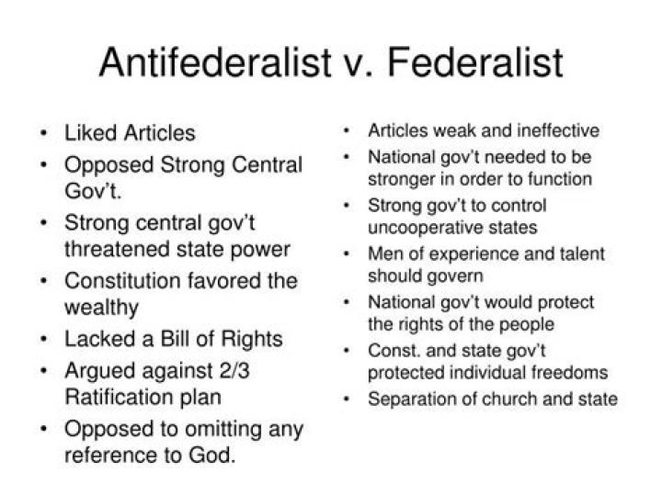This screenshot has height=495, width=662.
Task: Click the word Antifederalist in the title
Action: tap(215, 62)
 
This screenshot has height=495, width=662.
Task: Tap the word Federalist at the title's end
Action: tap(475, 62)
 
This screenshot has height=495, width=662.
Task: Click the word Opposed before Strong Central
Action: tap(108, 165)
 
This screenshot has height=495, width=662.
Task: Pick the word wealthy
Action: tap(101, 308)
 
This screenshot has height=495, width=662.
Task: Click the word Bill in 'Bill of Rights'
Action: tap(176, 339)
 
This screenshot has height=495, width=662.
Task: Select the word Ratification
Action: tap(120, 397)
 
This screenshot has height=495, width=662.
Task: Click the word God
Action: tap(211, 455)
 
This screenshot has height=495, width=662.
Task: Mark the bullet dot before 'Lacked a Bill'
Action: tap(43, 339)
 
